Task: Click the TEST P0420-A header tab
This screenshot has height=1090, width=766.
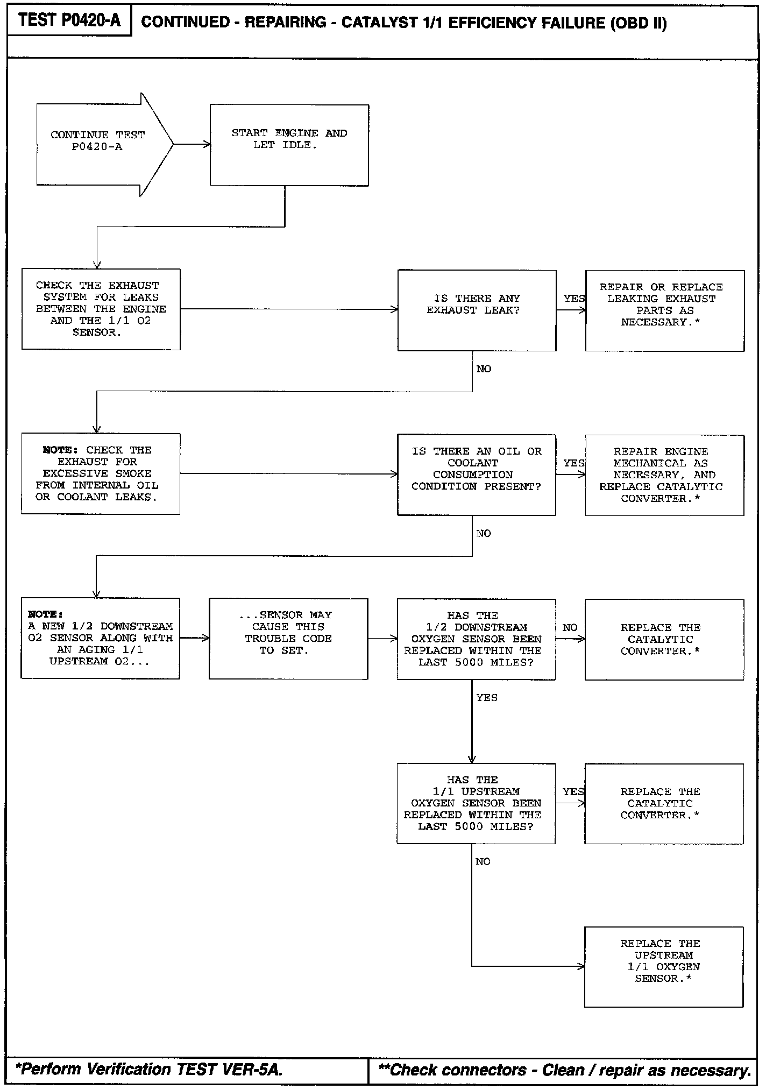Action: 69,21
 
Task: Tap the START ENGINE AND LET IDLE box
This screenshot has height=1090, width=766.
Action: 289,145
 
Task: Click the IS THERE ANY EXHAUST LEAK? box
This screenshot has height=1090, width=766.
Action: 476,310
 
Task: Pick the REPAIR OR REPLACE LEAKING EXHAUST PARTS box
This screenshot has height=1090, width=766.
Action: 664,310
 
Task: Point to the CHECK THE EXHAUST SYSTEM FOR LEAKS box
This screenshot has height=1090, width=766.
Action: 101,309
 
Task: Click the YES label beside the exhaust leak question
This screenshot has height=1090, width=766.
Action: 573,299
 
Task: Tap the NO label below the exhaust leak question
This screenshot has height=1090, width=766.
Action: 484,369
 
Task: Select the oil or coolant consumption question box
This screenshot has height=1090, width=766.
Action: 476,475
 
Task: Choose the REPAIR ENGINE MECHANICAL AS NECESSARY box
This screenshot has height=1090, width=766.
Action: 664,475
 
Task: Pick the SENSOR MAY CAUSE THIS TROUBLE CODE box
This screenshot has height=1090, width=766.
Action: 288,639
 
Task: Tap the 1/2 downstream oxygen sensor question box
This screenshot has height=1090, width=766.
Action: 476,639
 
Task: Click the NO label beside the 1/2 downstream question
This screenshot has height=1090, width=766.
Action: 570,628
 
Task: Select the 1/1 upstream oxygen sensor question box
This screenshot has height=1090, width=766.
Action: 476,803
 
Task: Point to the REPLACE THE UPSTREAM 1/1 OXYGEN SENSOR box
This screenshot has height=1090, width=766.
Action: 664,966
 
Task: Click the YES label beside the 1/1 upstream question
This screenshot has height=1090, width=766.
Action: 573,792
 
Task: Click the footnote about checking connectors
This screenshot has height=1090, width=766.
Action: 564,1070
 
